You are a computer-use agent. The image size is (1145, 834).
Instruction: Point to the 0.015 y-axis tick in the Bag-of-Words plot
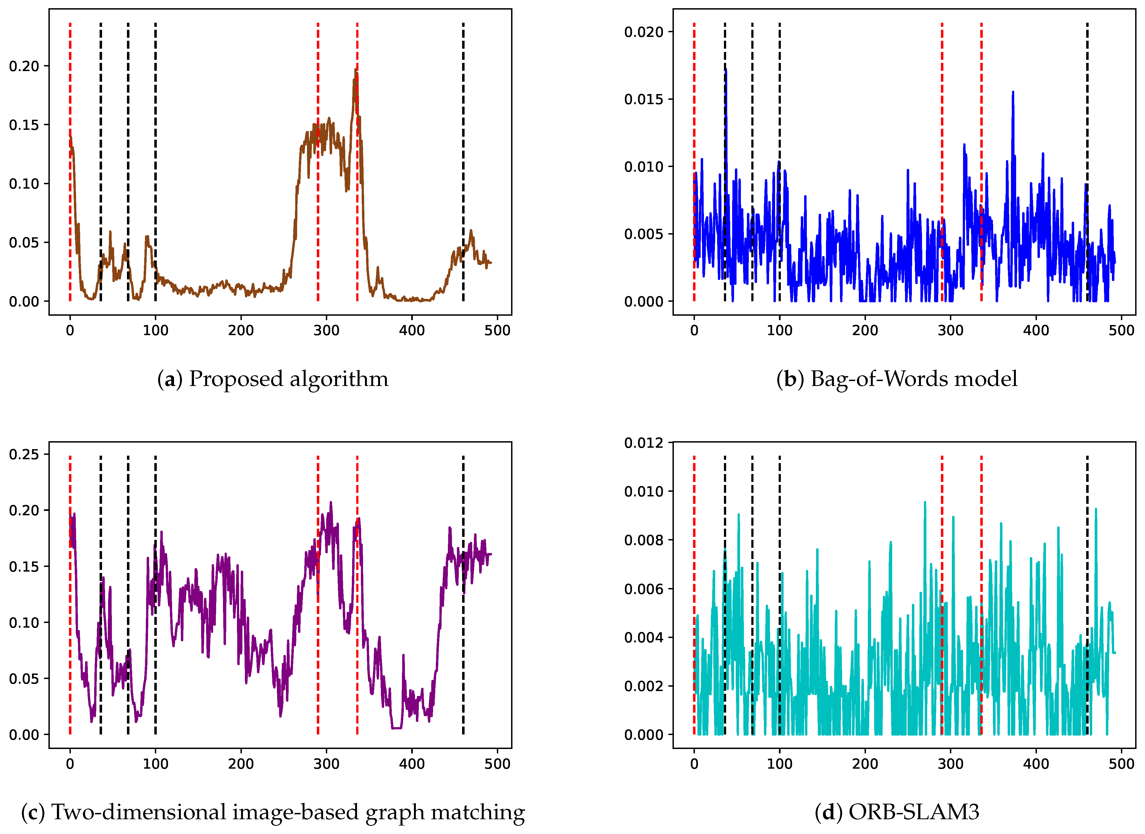[x=643, y=100]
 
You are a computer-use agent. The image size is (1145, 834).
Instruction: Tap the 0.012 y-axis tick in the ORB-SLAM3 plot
[x=643, y=443]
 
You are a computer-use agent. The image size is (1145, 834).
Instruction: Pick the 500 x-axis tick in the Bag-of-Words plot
[x=1121, y=331]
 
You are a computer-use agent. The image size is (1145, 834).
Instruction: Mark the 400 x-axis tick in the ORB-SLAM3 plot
[x=1036, y=764]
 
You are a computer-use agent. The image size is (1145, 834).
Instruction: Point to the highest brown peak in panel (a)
[x=356, y=70]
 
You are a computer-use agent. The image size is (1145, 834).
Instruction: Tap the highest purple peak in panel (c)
[x=331, y=502]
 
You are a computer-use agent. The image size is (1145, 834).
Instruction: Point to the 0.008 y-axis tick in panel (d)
[x=643, y=540]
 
